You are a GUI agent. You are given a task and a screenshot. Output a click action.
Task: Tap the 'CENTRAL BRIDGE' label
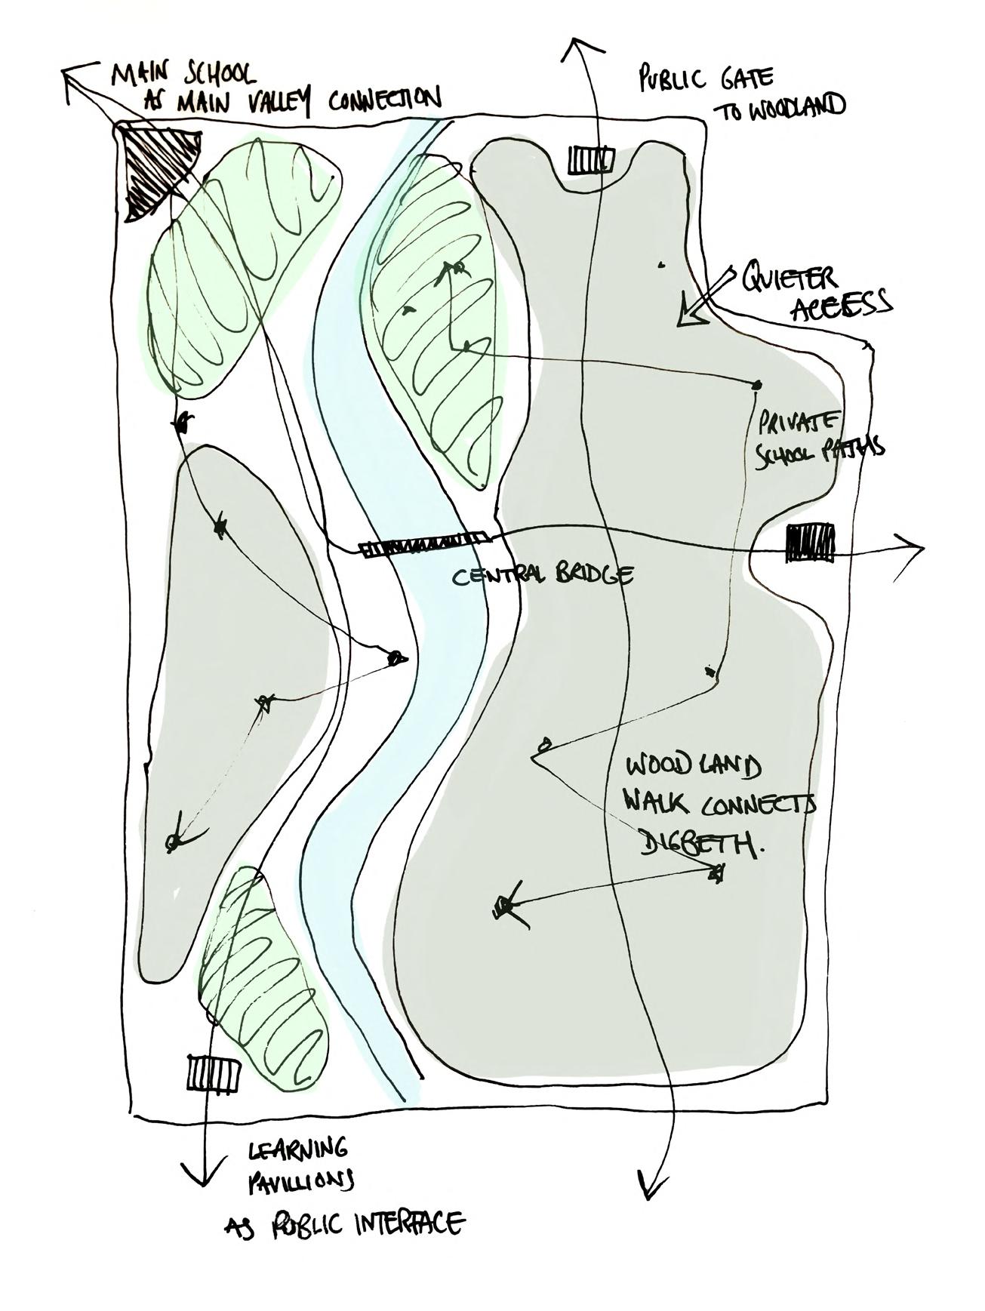point(542,577)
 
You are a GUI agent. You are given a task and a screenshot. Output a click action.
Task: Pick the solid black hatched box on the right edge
point(811,543)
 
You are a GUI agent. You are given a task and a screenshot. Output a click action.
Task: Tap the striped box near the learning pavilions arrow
point(213,1072)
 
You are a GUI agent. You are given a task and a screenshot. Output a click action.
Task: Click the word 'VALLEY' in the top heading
point(270,102)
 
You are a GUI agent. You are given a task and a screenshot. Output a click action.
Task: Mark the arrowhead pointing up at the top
point(580,47)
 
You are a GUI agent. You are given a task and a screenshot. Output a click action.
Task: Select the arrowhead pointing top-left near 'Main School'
point(72,78)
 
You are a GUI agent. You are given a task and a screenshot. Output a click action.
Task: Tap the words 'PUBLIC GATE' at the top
point(705,78)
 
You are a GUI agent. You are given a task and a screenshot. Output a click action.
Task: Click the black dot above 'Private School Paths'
point(756,386)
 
